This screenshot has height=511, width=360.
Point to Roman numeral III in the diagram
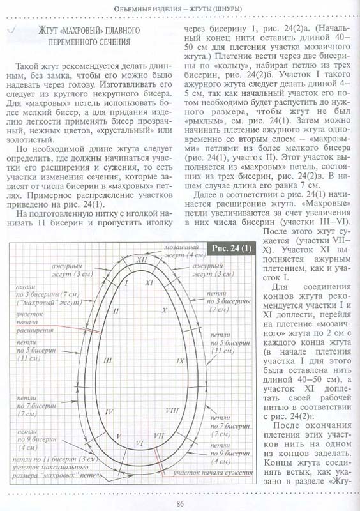[x=108, y=360]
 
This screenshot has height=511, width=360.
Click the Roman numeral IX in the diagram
[x=180, y=361]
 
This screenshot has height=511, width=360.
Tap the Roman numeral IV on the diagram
[x=109, y=411]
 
